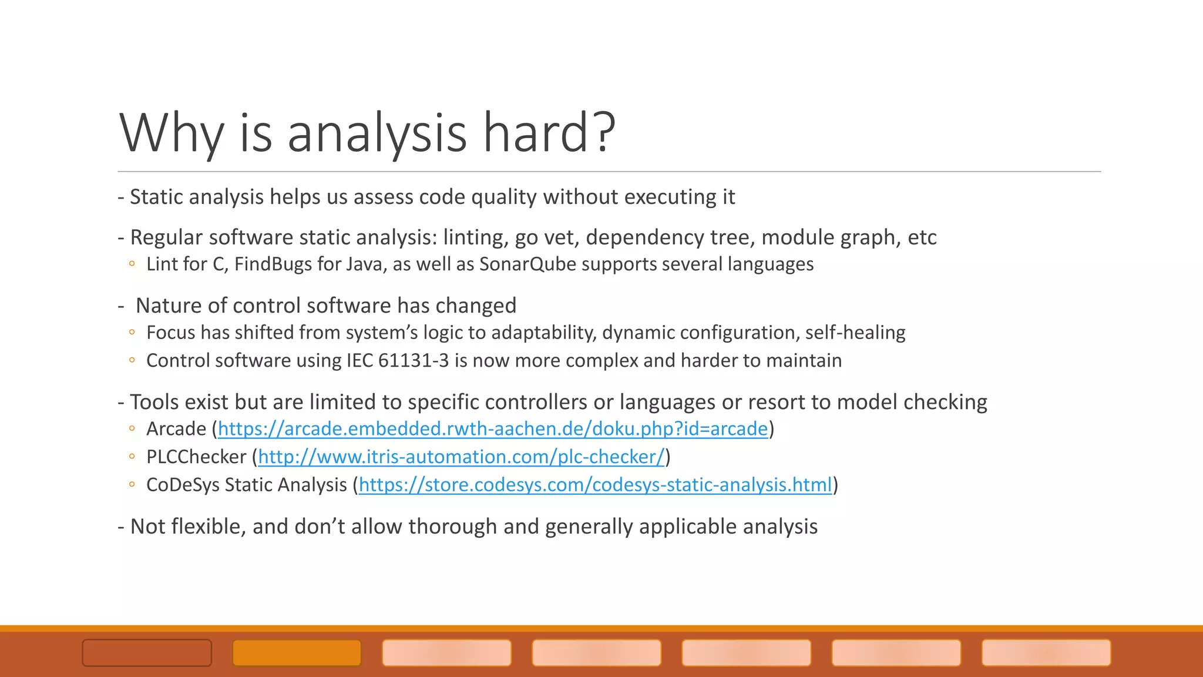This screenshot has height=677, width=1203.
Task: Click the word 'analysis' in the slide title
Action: point(377,133)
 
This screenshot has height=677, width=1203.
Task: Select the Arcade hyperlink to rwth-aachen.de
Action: point(492,429)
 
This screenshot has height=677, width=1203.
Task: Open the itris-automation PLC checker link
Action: point(461,457)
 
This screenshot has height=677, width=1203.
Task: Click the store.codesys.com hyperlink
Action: point(595,485)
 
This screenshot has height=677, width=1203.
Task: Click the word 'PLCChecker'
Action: point(196,457)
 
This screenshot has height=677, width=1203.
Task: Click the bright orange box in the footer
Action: point(297,653)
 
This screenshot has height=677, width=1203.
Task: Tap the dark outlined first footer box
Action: point(147,653)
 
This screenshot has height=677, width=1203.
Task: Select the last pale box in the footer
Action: point(1046,653)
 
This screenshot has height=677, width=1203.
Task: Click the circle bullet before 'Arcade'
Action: point(132,429)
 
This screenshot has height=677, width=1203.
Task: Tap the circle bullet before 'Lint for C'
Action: point(132,264)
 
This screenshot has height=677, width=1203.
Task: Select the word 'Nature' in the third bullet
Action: point(167,306)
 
